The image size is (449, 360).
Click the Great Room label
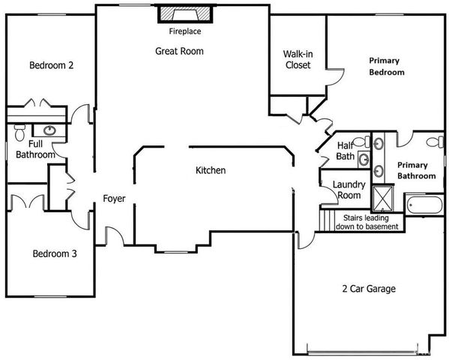coord(179,51)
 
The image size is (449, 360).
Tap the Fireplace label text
coord(184,32)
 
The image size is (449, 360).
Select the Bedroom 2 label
coord(51,65)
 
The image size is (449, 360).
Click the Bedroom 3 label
coord(54,253)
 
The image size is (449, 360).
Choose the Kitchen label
coord(211,171)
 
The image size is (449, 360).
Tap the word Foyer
coord(114,199)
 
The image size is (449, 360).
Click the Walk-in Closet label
coord(298,59)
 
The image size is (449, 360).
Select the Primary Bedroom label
coord(386,67)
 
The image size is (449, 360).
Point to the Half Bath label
coord(346,151)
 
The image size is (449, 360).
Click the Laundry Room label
coord(349,190)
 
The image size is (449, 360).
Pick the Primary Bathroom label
coord(416,170)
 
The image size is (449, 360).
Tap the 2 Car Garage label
coord(368,288)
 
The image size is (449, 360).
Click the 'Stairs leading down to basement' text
coord(365,221)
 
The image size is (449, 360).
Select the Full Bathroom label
coord(35,148)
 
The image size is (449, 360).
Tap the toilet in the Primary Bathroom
coord(433,141)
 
